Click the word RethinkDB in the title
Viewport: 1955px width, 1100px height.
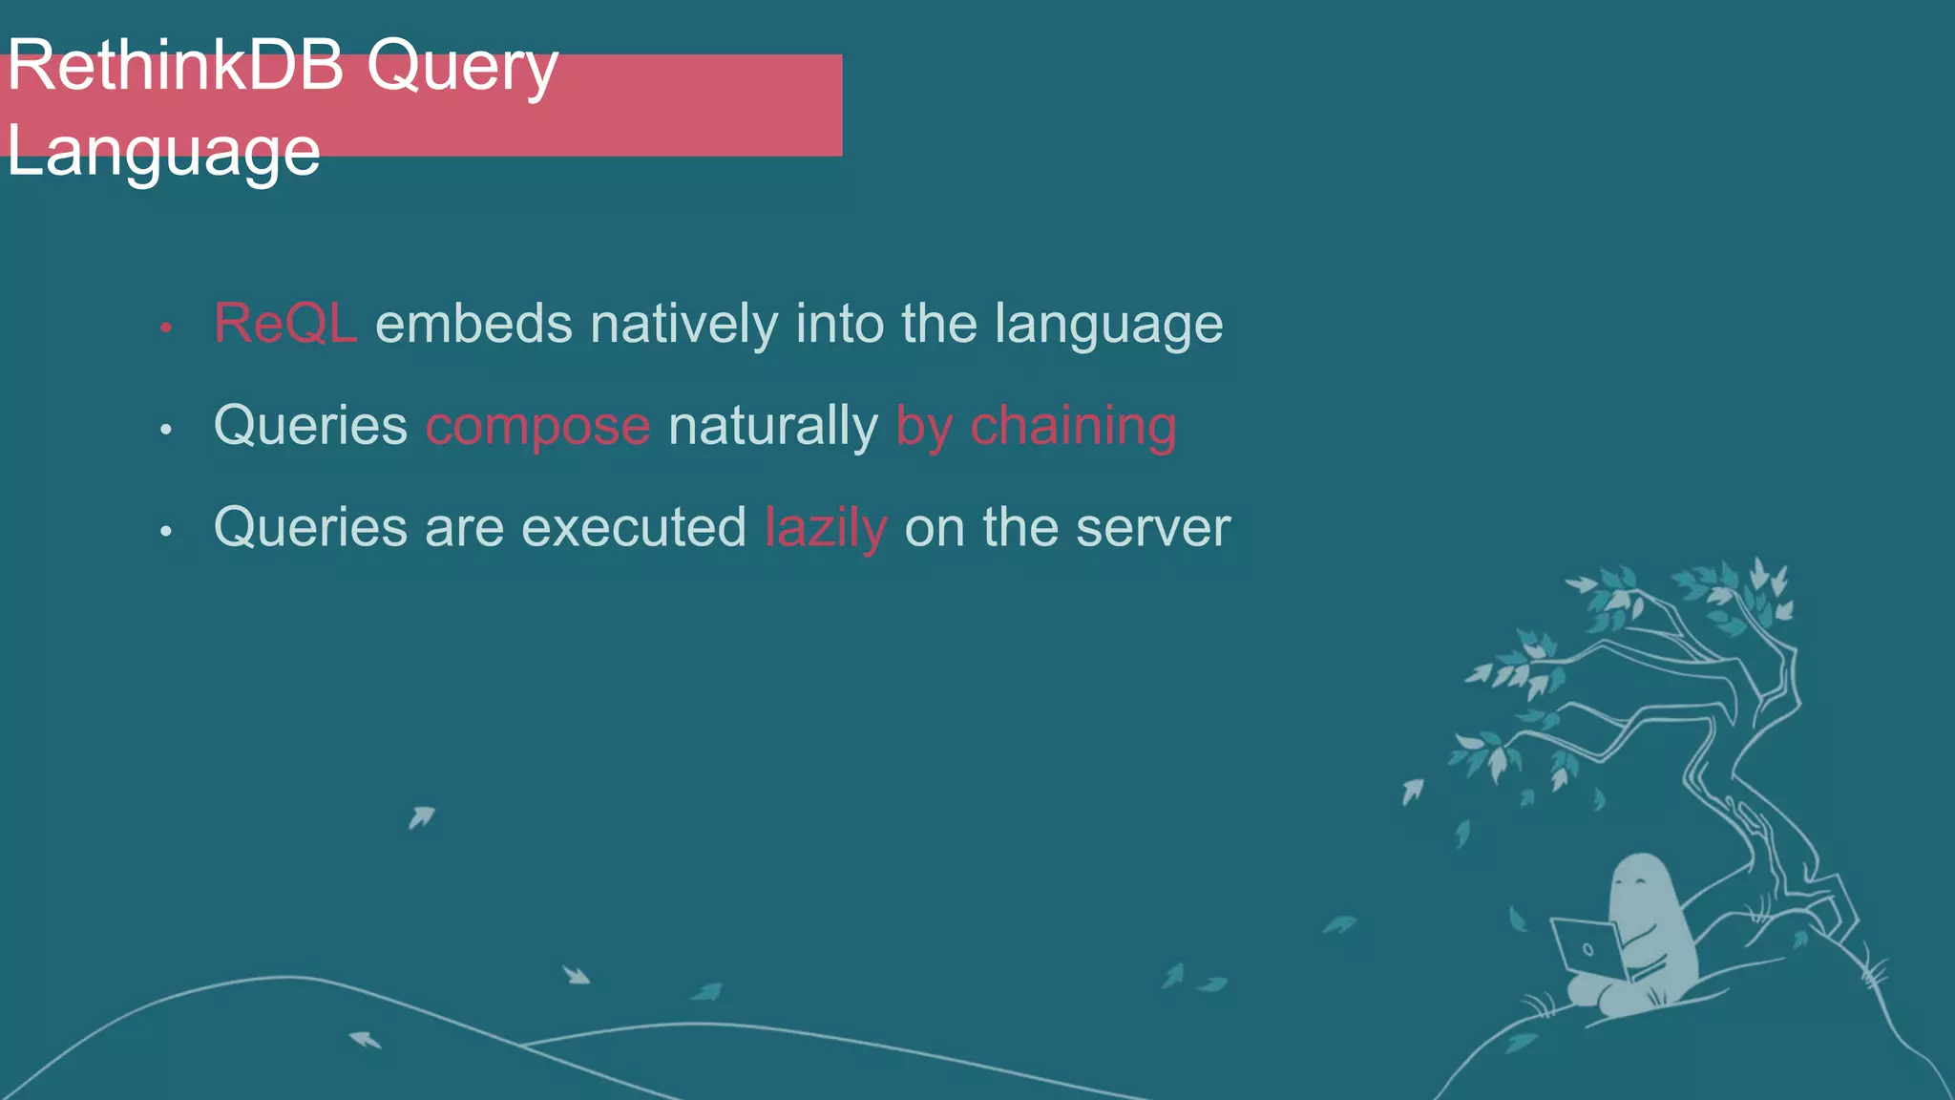point(175,67)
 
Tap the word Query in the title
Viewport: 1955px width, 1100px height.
point(462,69)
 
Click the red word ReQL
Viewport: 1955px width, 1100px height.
point(285,324)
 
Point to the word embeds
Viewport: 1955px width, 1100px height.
point(473,324)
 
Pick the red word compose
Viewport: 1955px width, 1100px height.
point(538,426)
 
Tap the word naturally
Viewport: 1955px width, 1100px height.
point(773,426)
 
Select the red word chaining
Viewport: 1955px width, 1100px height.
point(1073,426)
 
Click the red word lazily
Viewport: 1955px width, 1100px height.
point(826,528)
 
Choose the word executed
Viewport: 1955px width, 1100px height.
point(634,527)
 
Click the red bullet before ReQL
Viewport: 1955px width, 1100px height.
point(166,328)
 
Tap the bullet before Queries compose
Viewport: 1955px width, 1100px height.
point(166,430)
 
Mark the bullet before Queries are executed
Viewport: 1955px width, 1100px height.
point(166,531)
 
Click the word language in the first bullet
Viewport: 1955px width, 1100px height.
point(1108,325)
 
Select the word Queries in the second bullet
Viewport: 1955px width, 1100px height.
point(310,426)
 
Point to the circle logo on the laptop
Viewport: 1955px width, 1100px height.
point(1587,949)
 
